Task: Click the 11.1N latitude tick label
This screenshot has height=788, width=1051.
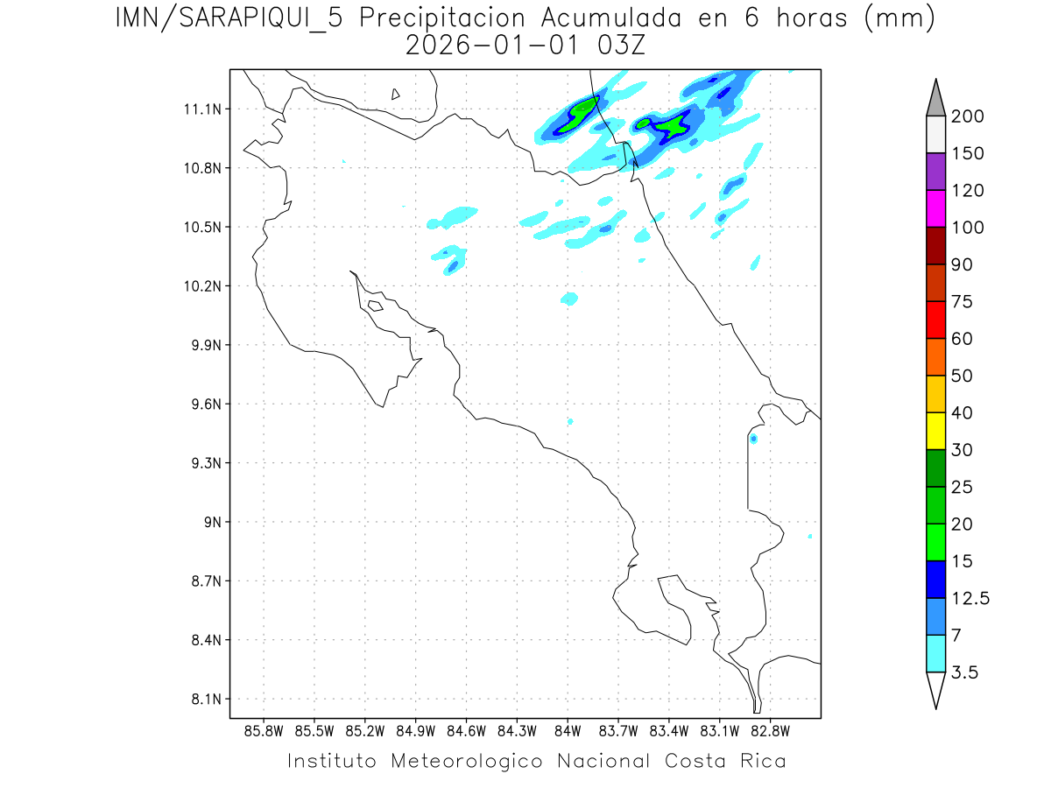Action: [201, 109]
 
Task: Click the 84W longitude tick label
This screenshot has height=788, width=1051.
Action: [568, 730]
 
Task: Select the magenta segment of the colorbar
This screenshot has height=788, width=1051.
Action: [935, 208]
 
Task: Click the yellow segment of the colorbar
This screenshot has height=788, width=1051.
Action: [935, 431]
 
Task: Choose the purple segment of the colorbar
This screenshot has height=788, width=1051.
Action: [935, 172]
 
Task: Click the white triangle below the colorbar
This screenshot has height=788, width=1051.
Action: [935, 689]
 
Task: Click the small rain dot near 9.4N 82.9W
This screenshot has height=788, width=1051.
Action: [753, 439]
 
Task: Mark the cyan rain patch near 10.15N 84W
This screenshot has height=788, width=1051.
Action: [570, 299]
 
